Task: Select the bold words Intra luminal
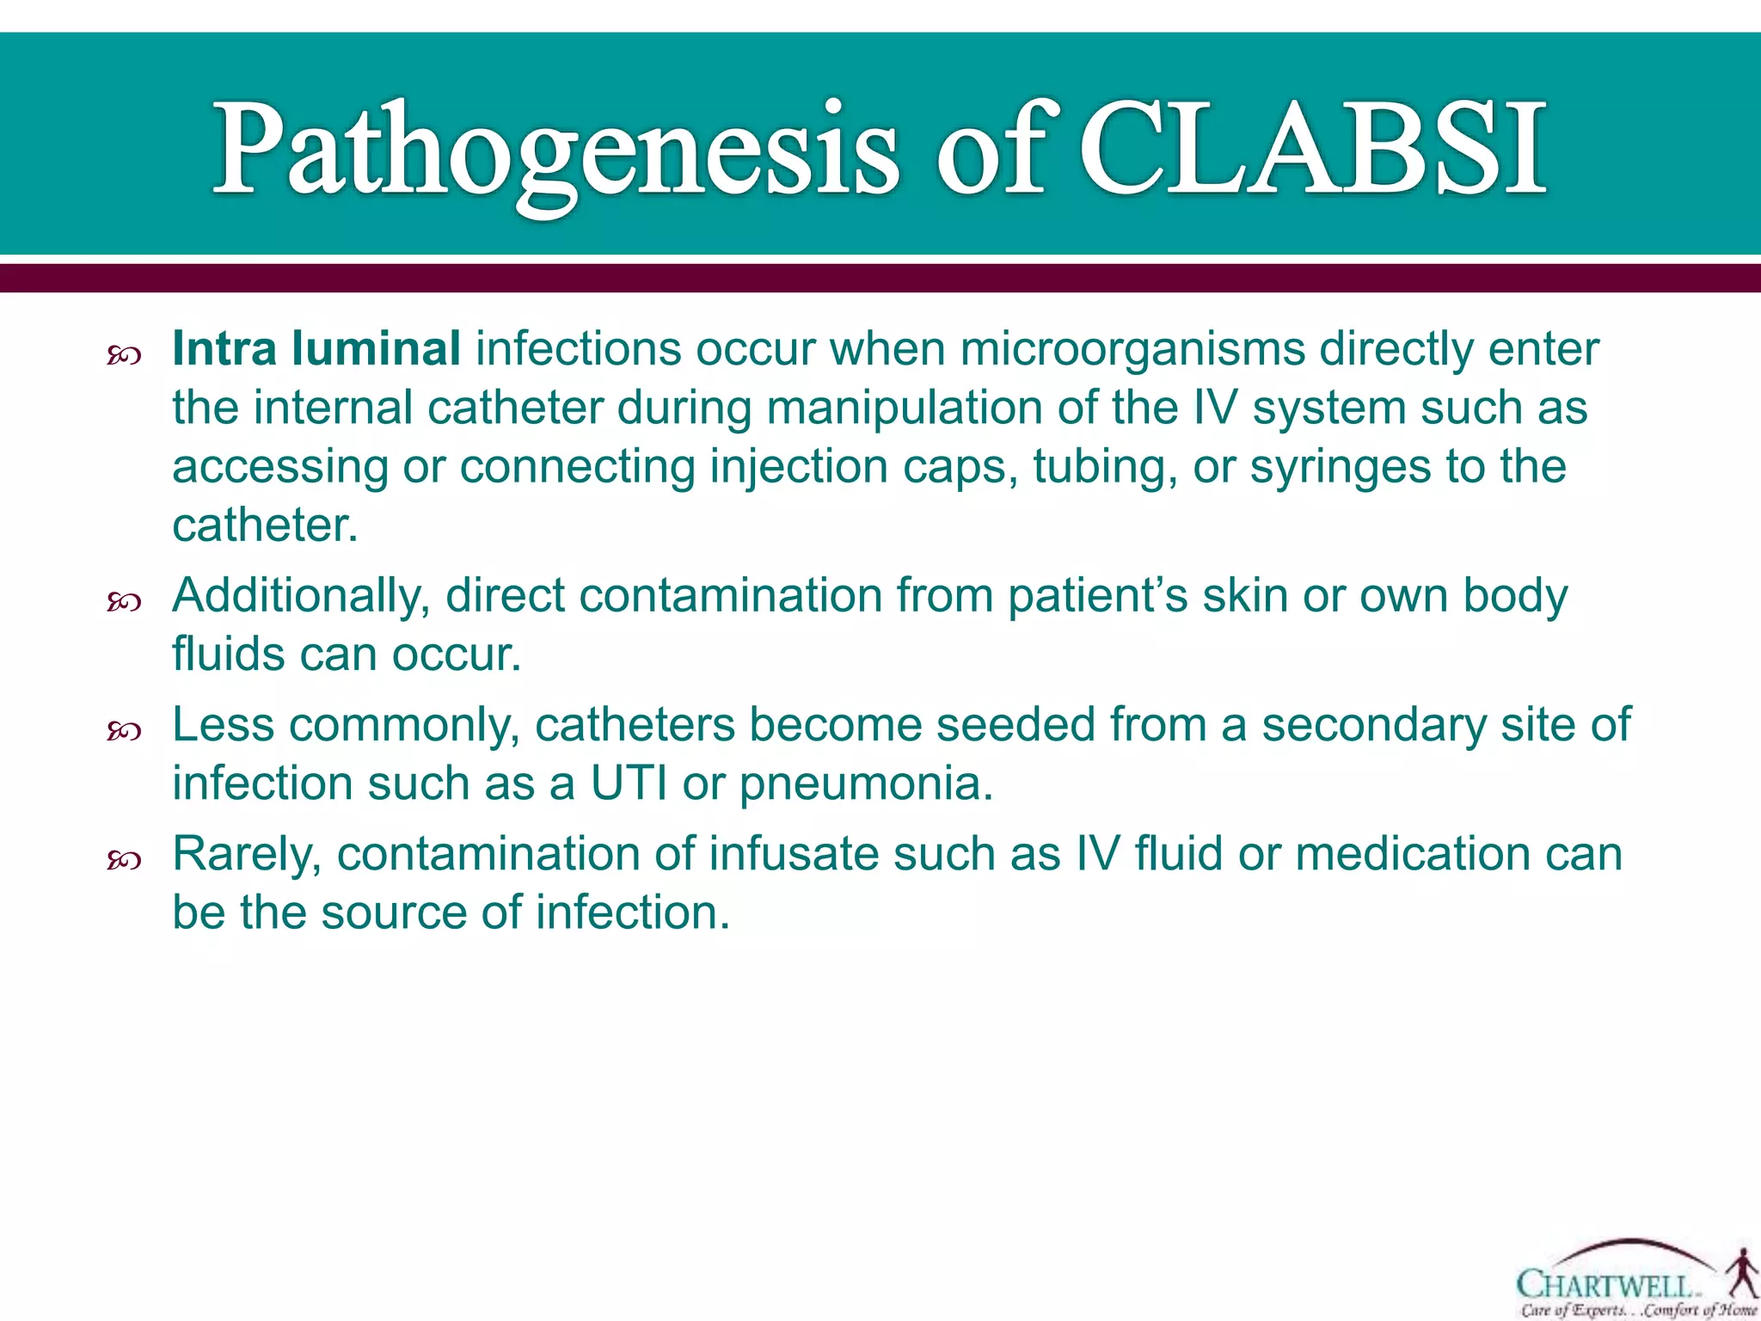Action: coord(316,349)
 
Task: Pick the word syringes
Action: coord(1341,467)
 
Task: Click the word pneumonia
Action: coord(866,783)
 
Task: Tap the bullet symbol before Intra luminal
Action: coord(124,355)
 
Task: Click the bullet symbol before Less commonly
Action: coord(124,731)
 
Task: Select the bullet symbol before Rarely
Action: coord(124,860)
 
